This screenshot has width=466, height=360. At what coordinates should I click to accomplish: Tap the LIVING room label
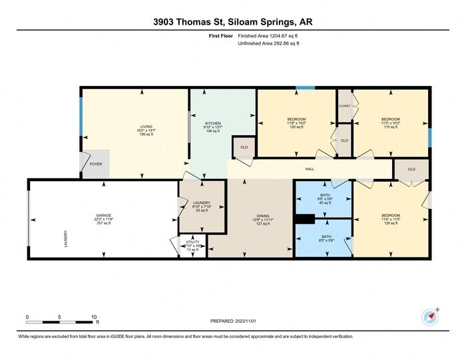[146, 126]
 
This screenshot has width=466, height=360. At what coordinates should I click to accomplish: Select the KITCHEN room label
[213, 123]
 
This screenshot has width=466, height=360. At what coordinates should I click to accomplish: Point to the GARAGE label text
[103, 216]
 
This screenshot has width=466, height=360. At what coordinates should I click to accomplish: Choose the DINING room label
[264, 216]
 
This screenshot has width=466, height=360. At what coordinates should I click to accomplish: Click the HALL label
[310, 169]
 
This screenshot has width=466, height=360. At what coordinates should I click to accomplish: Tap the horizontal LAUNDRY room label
[202, 203]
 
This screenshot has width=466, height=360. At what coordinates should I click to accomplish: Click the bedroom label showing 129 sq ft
[391, 216]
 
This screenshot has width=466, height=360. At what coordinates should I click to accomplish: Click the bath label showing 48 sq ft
[326, 186]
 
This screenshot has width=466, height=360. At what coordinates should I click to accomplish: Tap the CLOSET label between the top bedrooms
[344, 106]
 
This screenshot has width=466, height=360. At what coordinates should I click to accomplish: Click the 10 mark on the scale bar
[95, 317]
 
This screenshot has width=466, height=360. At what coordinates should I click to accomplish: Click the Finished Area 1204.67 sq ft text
[268, 36]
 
